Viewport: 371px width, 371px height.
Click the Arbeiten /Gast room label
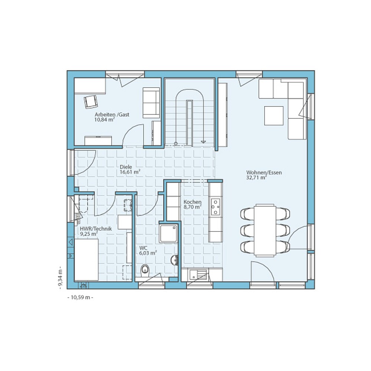point(112,115)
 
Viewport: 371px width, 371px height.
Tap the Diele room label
point(126,167)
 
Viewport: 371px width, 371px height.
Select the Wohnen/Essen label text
point(264,173)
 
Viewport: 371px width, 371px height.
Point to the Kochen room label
point(193,202)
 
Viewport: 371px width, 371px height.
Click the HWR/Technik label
point(96,229)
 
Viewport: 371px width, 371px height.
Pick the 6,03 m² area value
point(148,253)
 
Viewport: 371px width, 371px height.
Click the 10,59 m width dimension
point(81,298)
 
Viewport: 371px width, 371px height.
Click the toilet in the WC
point(145,270)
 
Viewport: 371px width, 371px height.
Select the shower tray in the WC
point(168,233)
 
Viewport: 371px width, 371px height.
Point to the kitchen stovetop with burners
point(216,207)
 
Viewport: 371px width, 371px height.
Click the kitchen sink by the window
point(198,275)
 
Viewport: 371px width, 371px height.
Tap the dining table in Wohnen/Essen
point(266,230)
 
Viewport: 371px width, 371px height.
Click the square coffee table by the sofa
point(274,116)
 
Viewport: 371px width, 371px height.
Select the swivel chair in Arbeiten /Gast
point(91,102)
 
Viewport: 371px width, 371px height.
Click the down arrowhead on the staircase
point(203,142)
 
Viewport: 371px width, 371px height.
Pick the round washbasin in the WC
point(174,260)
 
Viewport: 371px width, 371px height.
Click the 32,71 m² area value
point(256,177)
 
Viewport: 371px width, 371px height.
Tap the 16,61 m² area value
point(130,172)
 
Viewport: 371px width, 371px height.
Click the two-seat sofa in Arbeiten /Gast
point(151,103)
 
